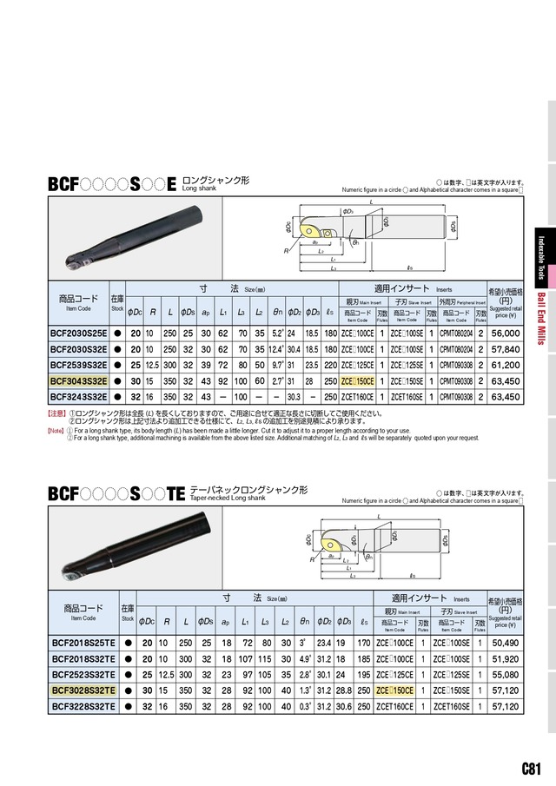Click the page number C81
(533, 768)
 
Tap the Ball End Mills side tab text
(542, 316)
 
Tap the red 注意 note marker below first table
(56, 415)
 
